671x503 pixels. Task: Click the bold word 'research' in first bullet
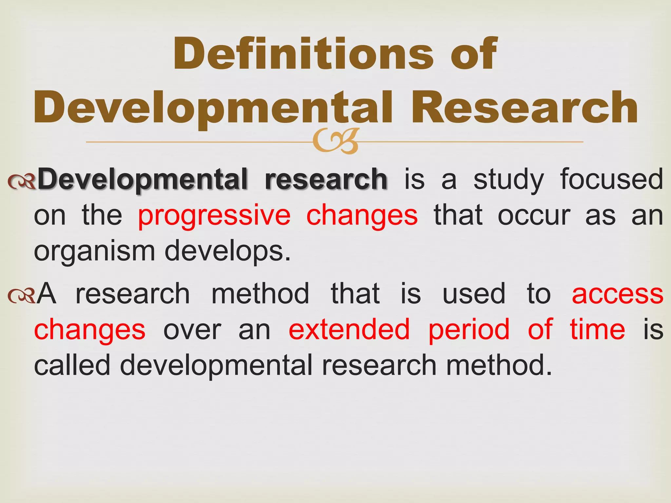(326, 179)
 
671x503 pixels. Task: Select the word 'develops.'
(227, 251)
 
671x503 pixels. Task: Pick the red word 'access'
(618, 294)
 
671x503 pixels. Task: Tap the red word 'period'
(469, 330)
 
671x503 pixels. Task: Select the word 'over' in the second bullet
(192, 330)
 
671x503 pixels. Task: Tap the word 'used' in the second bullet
(474, 294)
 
